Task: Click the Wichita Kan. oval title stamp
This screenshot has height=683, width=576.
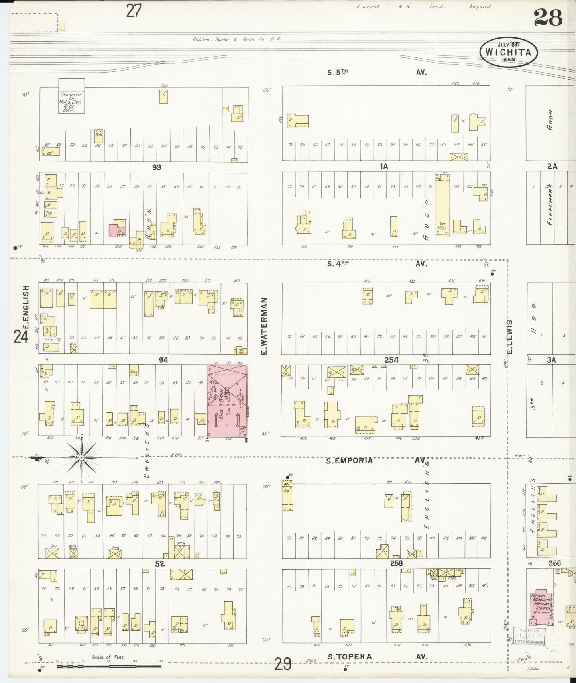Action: click(x=508, y=52)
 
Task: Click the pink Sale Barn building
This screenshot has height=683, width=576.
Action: click(x=227, y=400)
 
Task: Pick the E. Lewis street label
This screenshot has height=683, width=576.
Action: click(x=509, y=337)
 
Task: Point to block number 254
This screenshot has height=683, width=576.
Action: click(x=392, y=360)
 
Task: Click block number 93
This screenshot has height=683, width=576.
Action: click(x=157, y=167)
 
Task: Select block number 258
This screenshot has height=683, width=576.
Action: click(x=396, y=563)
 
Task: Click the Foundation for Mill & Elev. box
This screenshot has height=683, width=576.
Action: click(x=72, y=96)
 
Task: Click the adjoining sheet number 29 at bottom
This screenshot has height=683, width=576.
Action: click(x=283, y=664)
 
